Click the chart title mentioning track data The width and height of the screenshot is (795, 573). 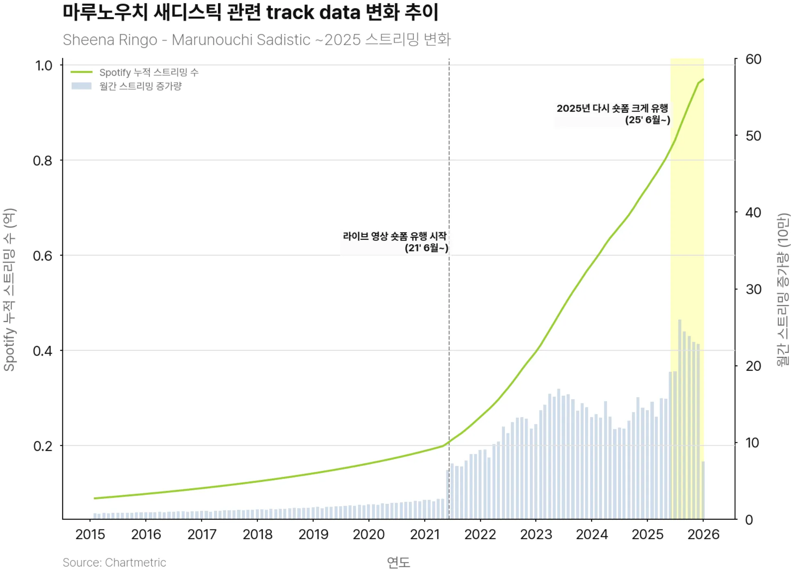point(250,12)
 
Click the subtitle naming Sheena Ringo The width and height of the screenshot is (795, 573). point(256,40)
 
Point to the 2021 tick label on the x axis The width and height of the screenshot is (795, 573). point(425,534)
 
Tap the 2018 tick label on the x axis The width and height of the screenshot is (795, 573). point(258,534)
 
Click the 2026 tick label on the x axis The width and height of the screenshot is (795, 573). point(703,534)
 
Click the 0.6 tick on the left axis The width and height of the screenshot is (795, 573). point(43,256)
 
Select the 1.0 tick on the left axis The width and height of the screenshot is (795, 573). point(44,66)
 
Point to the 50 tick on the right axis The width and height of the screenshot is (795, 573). point(753,136)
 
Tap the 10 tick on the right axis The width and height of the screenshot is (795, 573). point(752,443)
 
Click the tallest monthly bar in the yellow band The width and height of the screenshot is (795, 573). point(679,419)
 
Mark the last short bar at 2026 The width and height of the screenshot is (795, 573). point(703,490)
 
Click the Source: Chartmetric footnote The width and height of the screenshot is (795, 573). point(114,562)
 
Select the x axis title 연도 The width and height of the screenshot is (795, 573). point(398,562)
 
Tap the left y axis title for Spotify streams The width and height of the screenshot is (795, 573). point(9,290)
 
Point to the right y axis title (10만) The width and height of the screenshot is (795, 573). point(783,290)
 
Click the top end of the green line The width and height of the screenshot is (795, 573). point(703,79)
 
